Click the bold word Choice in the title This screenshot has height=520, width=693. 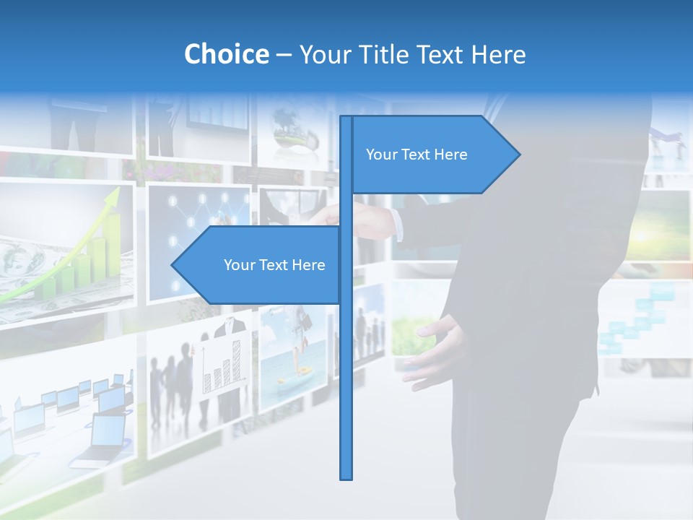226,54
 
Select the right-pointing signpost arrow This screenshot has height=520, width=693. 433,155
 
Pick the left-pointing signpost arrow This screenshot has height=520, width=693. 260,265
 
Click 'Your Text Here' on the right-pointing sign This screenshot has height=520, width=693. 417,155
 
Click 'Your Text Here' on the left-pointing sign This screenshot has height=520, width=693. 274,265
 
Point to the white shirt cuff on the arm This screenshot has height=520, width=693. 397,223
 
